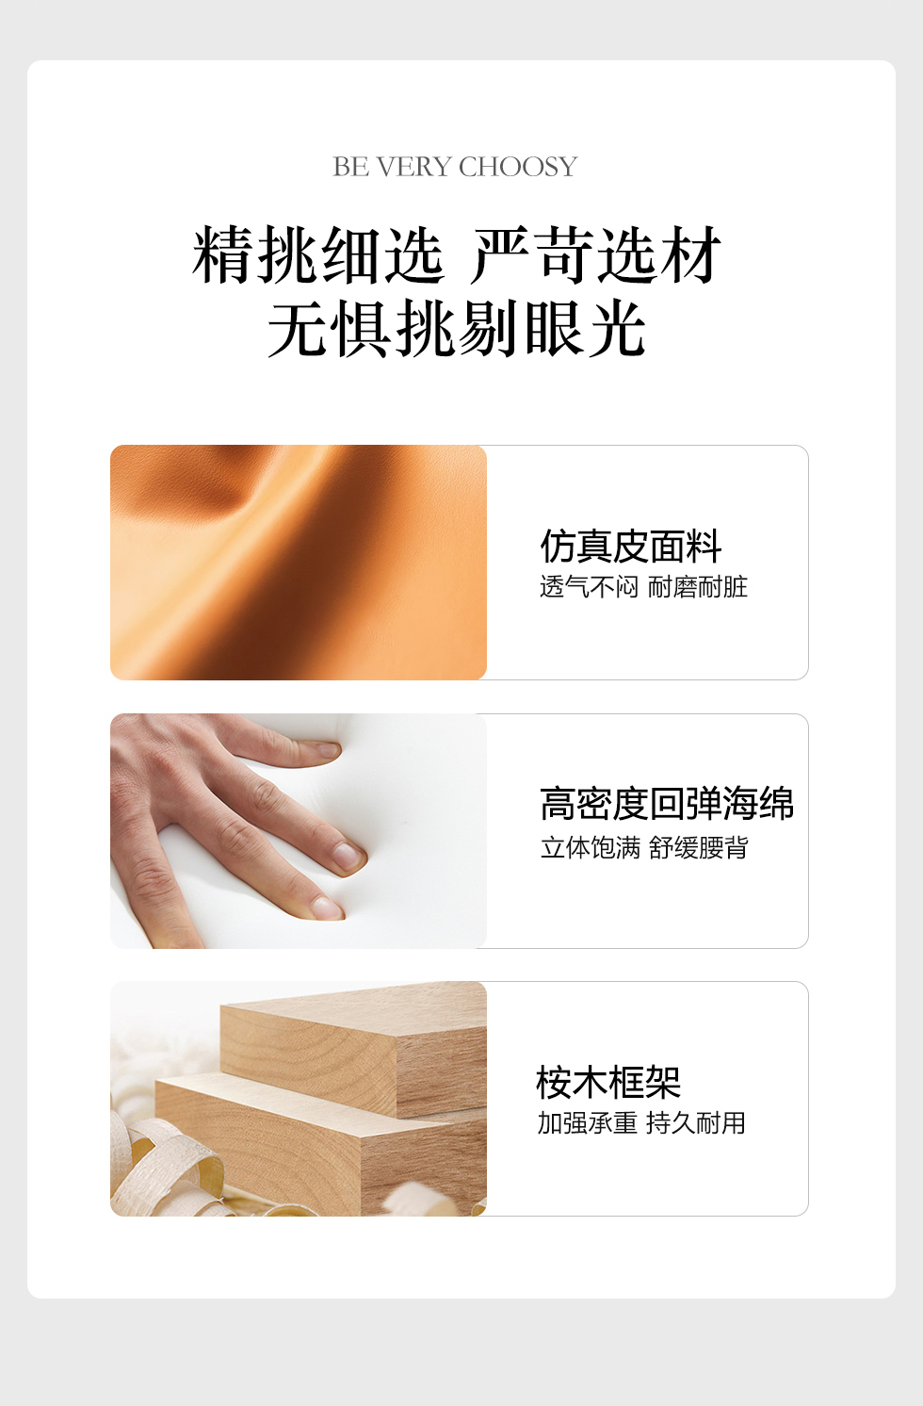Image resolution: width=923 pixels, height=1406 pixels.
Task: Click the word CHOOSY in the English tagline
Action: [518, 167]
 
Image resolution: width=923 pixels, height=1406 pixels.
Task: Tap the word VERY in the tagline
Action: [414, 167]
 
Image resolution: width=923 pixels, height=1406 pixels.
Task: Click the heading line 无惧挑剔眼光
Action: [457, 328]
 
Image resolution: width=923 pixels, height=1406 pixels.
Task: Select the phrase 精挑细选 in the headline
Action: [318, 254]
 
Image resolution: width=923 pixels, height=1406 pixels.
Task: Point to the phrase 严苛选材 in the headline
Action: [596, 254]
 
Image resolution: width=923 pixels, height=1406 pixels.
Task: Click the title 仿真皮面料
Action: [631, 546]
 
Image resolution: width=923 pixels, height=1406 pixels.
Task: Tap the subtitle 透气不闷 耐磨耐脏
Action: [644, 587]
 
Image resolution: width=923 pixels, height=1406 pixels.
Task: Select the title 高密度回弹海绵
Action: [667, 804]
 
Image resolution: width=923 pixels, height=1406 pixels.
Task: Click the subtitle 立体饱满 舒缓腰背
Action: [644, 847]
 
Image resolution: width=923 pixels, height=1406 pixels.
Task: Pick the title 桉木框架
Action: [608, 1082]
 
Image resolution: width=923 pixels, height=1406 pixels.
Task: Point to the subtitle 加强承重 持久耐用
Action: [641, 1123]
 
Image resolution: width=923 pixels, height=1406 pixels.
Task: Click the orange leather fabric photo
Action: [299, 563]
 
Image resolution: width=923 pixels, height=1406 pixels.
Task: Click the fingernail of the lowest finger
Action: [328, 907]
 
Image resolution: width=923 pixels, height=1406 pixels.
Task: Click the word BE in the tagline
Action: [350, 167]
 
